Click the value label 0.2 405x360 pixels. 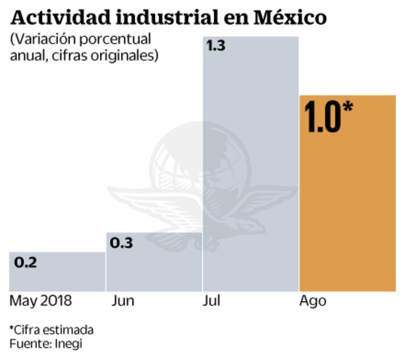[26, 262]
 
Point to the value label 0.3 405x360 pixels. [121, 243]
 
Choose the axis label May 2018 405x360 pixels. [41, 301]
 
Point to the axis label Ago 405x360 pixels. [313, 302]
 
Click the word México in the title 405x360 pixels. [290, 17]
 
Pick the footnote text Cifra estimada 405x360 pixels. [53, 330]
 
